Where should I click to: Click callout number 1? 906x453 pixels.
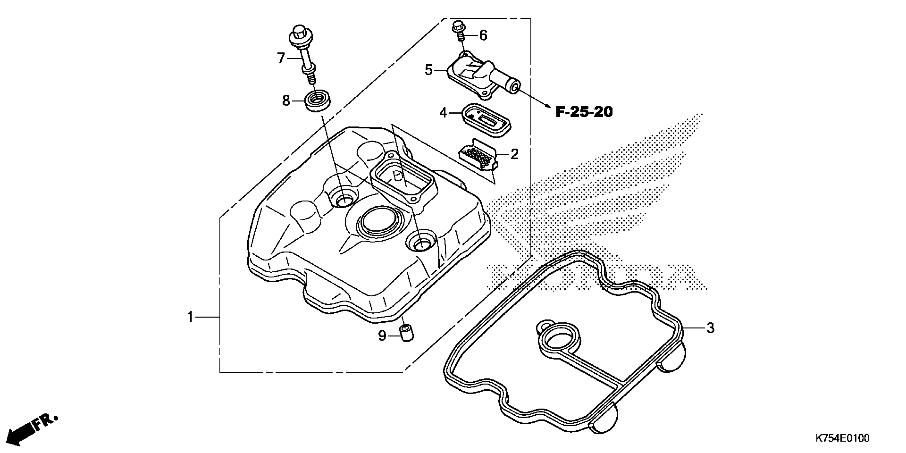[x=190, y=317]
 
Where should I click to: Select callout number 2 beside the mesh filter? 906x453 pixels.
[x=514, y=154]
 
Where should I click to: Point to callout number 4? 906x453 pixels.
[x=443, y=113]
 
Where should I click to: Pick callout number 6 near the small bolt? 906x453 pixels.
[x=484, y=35]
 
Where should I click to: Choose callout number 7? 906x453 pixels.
[x=280, y=58]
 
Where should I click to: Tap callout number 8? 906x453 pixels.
[x=286, y=101]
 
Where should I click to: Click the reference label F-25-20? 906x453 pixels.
[x=584, y=112]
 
